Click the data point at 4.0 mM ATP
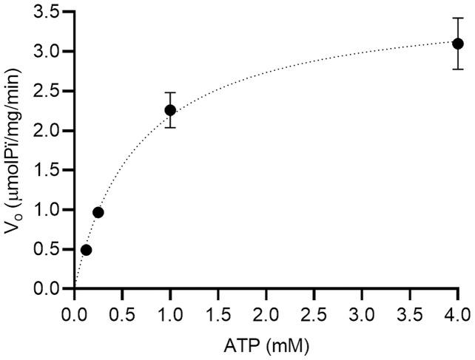point(457,44)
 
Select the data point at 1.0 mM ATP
point(170,110)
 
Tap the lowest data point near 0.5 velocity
point(86,250)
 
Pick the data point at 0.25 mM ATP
point(98,212)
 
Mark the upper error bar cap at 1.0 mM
point(170,92)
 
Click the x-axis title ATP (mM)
point(266,344)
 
